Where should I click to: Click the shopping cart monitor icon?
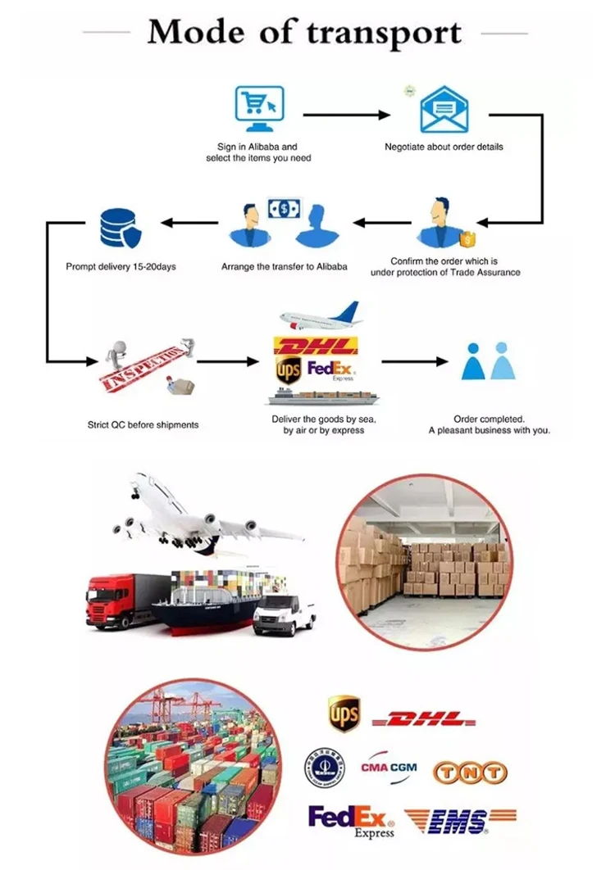coord(259,110)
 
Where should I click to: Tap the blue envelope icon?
coord(444,111)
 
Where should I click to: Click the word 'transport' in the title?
coord(384,34)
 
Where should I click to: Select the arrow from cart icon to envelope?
coord(347,115)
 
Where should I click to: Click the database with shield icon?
coord(120,227)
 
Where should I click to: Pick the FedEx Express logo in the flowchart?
coord(329,369)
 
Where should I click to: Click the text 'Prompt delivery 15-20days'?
coord(121,266)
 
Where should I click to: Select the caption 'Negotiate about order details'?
coord(444,147)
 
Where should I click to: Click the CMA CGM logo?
coord(389,768)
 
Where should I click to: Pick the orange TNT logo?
coord(470,772)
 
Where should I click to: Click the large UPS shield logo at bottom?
coord(344,714)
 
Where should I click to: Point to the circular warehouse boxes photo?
coord(425,561)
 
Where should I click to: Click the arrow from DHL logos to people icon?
coord(415,360)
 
